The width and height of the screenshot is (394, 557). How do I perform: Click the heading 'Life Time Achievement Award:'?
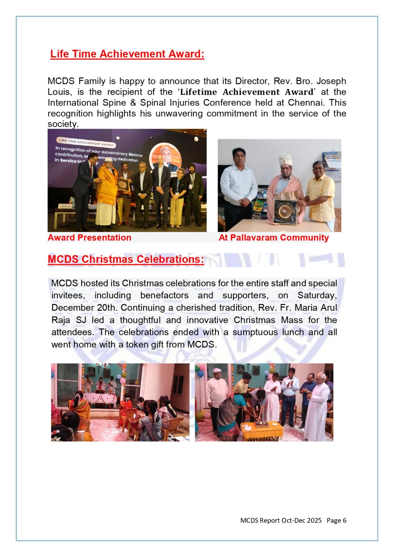coord(127,54)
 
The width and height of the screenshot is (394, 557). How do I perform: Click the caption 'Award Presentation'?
coord(90,238)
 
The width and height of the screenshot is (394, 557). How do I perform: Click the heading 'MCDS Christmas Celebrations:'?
coord(126,259)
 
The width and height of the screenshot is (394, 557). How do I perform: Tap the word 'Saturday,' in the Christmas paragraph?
coord(317,295)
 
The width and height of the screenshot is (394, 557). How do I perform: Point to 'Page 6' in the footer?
coord(337,520)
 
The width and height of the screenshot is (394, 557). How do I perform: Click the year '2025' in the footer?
coord(314,520)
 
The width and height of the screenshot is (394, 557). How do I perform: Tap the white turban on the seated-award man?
coord(285,159)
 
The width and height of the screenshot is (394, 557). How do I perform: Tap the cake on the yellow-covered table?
coord(261,424)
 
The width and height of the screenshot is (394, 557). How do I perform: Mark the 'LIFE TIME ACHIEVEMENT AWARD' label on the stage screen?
coord(86,142)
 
